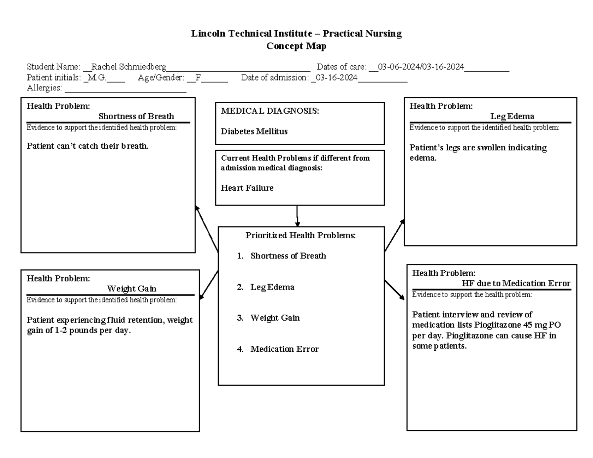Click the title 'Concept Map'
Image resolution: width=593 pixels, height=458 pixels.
296,46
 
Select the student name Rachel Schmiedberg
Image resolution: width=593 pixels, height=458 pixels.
129,67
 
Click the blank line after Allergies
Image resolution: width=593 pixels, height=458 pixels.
126,88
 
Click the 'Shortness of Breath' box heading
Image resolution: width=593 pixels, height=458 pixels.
136,117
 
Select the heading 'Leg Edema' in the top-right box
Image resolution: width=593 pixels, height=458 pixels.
512,117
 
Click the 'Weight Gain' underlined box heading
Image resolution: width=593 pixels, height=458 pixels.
131,289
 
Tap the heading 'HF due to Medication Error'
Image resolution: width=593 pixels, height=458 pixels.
516,284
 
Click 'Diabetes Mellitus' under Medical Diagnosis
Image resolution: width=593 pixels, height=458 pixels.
254,131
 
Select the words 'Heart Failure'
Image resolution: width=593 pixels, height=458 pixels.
247,188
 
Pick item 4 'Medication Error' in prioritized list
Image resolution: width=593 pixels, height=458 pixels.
284,349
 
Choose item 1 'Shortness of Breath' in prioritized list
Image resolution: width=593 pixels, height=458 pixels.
288,256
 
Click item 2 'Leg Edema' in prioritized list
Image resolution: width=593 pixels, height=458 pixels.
272,287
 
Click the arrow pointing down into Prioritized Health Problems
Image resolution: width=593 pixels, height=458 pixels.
297,216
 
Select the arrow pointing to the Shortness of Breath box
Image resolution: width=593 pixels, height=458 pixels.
207,228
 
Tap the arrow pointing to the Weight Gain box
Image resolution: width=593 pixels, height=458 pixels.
209,285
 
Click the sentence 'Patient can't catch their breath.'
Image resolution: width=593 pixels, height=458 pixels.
87,146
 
